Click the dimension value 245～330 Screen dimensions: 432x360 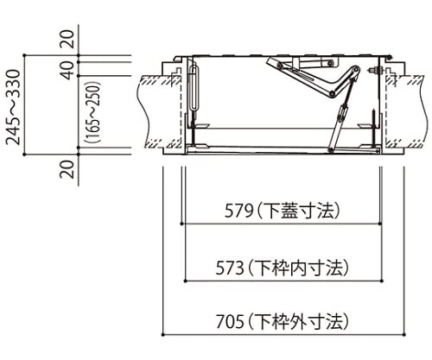click(x=14, y=107)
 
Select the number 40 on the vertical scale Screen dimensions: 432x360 click(x=68, y=70)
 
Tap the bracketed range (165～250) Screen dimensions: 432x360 click(x=93, y=112)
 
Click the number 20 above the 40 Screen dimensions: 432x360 click(x=68, y=39)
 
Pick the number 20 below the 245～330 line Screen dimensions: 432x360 click(x=68, y=169)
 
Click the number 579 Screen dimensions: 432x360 click(x=238, y=212)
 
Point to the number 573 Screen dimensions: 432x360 click(x=230, y=268)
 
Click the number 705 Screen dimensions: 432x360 click(x=230, y=321)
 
